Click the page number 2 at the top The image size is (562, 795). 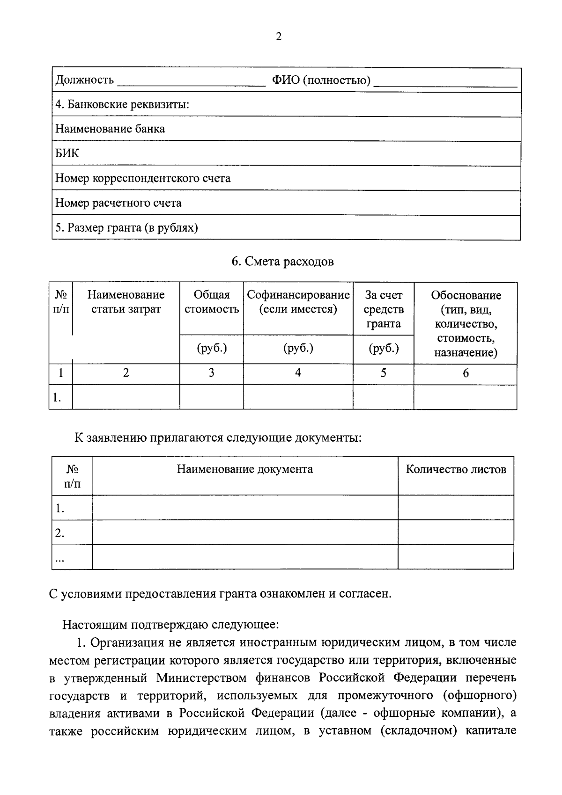click(x=279, y=37)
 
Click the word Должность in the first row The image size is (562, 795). click(x=84, y=80)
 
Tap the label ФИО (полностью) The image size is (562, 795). click(x=321, y=80)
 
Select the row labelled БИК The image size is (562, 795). click(x=67, y=153)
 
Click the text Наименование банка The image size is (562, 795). click(x=110, y=129)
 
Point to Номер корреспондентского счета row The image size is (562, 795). click(x=143, y=178)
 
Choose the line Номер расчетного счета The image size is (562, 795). click(x=118, y=203)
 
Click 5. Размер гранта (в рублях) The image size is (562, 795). click(x=126, y=228)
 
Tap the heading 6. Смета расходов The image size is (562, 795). click(x=283, y=262)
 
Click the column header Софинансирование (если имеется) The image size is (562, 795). click(x=298, y=302)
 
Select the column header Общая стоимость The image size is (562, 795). click(x=212, y=302)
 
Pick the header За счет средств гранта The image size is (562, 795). click(x=384, y=309)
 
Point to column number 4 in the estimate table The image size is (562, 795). click(x=298, y=373)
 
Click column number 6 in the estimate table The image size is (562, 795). click(x=466, y=373)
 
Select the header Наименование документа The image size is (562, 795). click(x=244, y=469)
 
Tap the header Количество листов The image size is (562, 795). click(x=456, y=469)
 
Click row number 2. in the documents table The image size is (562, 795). click(x=59, y=533)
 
